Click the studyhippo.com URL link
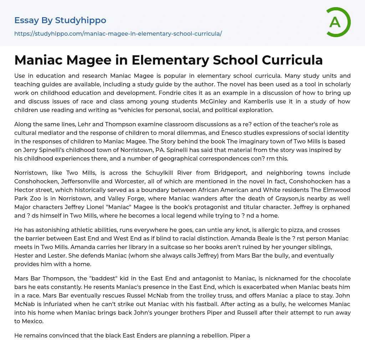point(118,34)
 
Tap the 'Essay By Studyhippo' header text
point(60,20)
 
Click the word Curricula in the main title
point(289,60)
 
